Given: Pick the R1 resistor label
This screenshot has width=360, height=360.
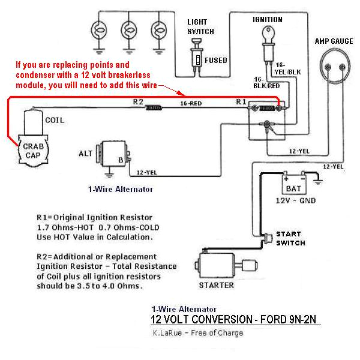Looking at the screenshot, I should coord(241,102).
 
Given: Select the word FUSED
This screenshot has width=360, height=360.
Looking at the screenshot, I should coord(215,60).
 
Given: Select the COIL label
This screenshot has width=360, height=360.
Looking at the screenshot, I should coord(53,120).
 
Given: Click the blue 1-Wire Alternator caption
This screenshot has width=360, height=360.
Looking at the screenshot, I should coord(120,189).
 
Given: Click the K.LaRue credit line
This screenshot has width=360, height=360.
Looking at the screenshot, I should coord(197,333).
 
